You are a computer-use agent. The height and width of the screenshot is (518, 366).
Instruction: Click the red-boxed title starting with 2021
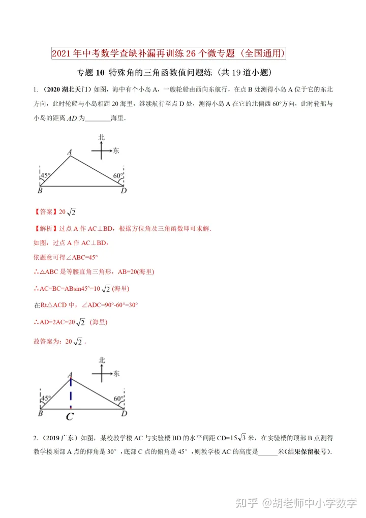coord(169,53)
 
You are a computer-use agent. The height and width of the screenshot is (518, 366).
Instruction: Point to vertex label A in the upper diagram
coord(70,151)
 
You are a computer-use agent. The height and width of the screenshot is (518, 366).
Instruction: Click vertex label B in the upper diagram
coord(40,191)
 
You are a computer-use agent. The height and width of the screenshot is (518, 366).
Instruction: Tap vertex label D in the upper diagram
coord(124,191)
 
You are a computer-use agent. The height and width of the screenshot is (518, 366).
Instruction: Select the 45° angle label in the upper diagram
coord(46,175)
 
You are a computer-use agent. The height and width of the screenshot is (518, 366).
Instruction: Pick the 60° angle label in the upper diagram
coord(118,175)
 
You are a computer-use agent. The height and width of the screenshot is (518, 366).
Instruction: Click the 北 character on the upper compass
coord(102,137)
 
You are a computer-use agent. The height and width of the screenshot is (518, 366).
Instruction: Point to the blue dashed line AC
coord(71,392)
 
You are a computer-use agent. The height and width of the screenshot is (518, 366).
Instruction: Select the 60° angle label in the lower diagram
coord(118,399)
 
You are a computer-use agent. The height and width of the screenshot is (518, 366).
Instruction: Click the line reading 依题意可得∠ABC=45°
coord(65,257)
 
